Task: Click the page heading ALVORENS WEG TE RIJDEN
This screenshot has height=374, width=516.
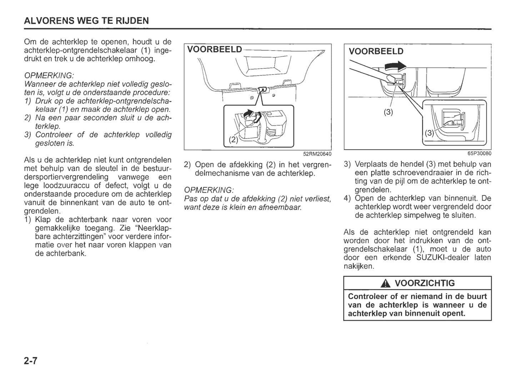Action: (86, 21)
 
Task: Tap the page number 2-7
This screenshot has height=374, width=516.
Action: (31, 361)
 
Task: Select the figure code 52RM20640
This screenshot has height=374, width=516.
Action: (317, 154)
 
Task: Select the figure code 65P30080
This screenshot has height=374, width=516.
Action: (479, 154)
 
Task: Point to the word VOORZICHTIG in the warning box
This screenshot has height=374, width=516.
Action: (425, 283)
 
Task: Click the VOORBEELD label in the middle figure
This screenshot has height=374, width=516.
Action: (214, 49)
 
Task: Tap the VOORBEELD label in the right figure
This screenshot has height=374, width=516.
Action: (376, 51)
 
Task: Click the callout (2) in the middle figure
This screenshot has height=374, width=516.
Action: (233, 140)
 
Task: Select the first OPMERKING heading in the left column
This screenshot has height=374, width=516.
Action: (49, 76)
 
